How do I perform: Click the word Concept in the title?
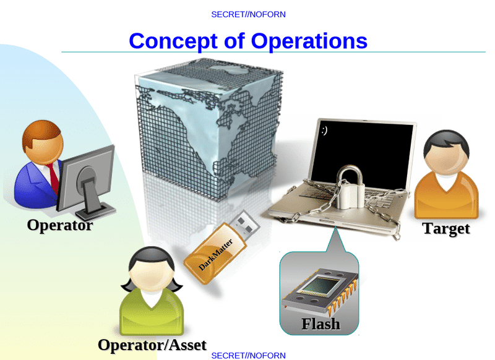click(173, 41)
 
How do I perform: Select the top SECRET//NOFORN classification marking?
click(249, 14)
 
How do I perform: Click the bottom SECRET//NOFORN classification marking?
click(249, 356)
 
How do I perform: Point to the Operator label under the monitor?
click(60, 226)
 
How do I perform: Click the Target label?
click(446, 228)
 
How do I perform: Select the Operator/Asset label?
click(152, 345)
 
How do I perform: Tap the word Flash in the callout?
click(321, 324)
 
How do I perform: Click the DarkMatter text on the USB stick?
click(215, 255)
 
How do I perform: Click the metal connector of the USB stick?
click(244, 223)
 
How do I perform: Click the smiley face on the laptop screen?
click(324, 130)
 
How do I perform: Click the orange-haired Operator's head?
click(43, 142)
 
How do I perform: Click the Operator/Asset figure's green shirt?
click(152, 312)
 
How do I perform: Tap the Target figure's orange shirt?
click(446, 195)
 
